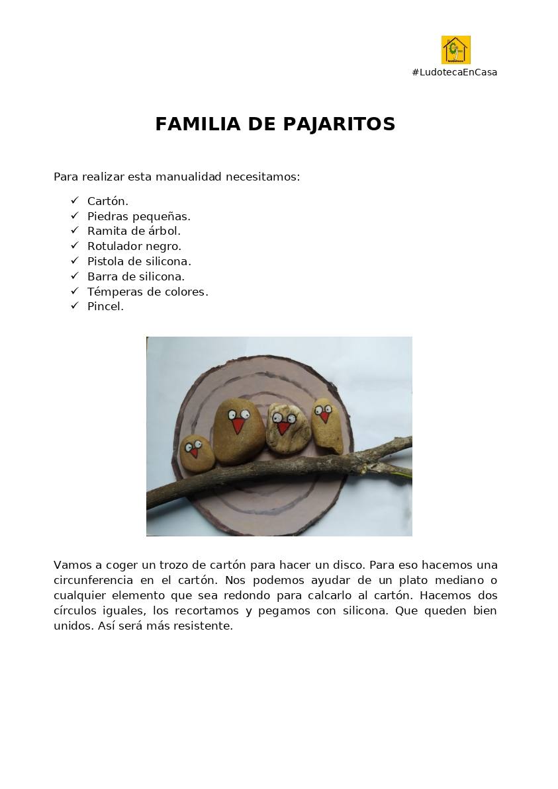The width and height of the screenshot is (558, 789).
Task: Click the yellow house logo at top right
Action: click(x=455, y=50)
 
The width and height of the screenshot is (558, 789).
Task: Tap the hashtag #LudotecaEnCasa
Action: click(x=454, y=72)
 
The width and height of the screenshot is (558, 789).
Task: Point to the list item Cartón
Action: click(x=107, y=201)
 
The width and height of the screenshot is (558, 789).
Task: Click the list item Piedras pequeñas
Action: click(x=138, y=216)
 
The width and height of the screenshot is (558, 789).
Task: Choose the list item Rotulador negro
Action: click(x=134, y=246)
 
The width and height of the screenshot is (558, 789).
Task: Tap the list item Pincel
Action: click(x=105, y=306)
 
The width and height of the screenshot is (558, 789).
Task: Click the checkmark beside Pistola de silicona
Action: click(x=74, y=261)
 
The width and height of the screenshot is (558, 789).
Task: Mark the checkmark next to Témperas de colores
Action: click(x=74, y=291)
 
